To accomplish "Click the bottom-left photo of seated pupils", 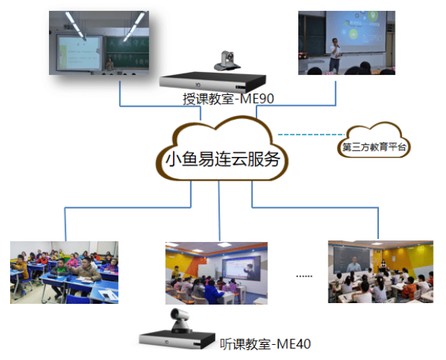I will pyautogui.click(x=64, y=271).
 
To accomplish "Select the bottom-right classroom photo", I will pyautogui.click(x=379, y=271).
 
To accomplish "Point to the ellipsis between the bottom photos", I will pyautogui.click(x=304, y=275).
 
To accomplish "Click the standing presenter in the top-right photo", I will pyautogui.click(x=335, y=54).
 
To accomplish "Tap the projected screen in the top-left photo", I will pyautogui.click(x=79, y=50).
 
